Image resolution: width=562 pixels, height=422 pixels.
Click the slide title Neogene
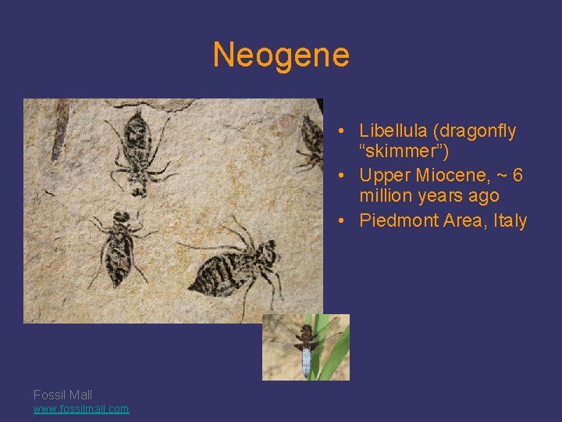click(281, 55)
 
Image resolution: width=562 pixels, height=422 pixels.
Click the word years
click(441, 195)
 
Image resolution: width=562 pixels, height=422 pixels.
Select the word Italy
click(507, 220)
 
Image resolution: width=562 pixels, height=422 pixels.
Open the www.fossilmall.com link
click(81, 409)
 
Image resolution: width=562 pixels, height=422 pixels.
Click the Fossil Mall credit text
click(62, 395)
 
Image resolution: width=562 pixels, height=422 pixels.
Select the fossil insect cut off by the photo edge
click(313, 141)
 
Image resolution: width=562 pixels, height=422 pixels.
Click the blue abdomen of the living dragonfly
click(306, 360)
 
